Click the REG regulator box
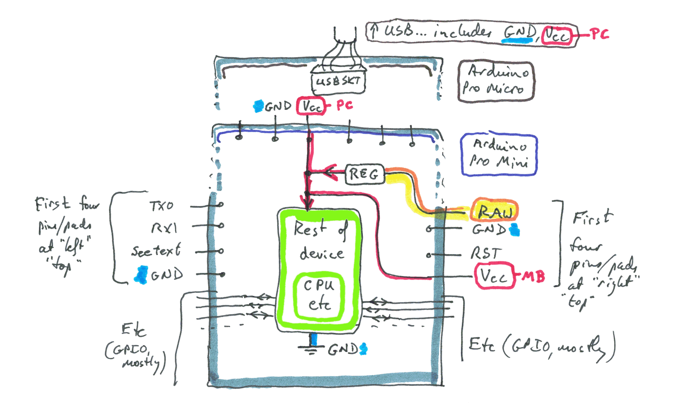(x=364, y=174)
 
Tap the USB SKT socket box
(x=338, y=81)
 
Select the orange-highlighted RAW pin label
(x=495, y=211)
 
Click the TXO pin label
(x=162, y=206)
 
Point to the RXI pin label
(x=164, y=228)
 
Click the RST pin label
(x=486, y=254)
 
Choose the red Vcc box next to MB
(x=494, y=276)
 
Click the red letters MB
(x=533, y=276)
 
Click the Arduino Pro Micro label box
(x=496, y=81)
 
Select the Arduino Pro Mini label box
(x=498, y=155)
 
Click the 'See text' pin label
(x=156, y=251)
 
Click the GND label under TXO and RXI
(x=167, y=275)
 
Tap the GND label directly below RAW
(x=489, y=229)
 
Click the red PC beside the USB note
(x=599, y=34)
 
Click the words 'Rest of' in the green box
(x=319, y=228)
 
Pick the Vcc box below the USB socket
(x=311, y=106)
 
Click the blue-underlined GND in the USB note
(x=519, y=32)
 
